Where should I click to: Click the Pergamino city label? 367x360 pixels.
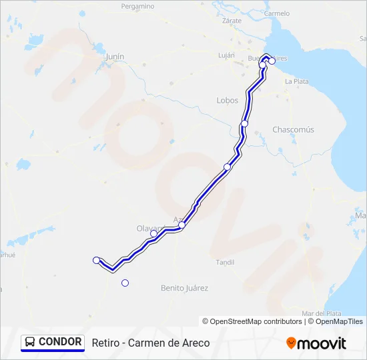point(138,6)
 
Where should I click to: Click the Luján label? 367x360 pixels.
point(226,55)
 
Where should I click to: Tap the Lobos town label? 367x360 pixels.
point(228,100)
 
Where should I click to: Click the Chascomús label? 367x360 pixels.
point(293,129)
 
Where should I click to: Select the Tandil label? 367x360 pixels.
point(225,263)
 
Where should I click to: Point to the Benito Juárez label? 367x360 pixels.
point(185,288)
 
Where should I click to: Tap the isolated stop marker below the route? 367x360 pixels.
point(125,283)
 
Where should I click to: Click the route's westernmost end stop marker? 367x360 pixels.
point(97,260)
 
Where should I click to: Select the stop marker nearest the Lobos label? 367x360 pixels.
point(245,124)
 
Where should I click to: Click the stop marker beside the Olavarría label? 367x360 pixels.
point(153,233)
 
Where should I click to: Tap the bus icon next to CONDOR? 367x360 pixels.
point(30,342)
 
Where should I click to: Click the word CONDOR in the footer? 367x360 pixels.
point(60,342)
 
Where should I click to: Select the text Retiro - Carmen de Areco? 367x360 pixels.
point(151,343)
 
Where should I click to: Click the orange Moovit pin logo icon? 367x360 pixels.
point(291,343)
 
